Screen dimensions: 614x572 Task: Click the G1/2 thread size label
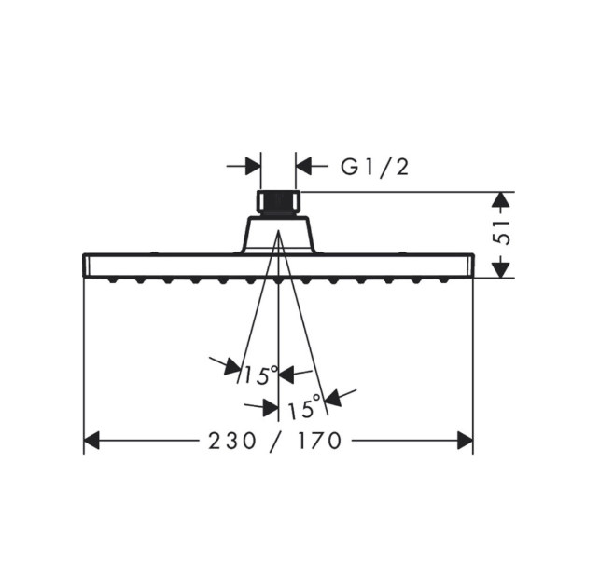tap(374, 168)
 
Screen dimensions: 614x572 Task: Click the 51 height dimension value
tap(502, 233)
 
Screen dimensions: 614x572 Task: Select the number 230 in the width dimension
tap(231, 441)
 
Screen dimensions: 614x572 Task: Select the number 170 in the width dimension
tap(319, 441)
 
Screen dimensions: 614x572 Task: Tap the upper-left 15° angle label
tap(260, 375)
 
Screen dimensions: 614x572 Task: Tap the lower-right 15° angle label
tap(304, 406)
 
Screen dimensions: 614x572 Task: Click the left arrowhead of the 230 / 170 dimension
tap(91, 441)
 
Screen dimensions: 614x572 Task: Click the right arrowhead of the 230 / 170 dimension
tap(466, 441)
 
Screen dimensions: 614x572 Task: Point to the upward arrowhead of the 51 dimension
tap(501, 199)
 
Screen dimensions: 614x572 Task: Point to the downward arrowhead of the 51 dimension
tap(501, 270)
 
